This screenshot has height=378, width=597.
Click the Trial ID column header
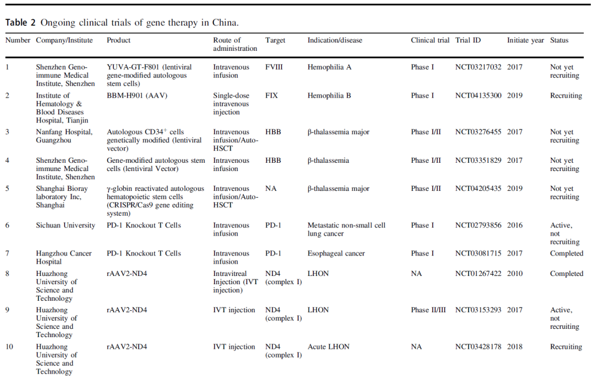click(x=468, y=40)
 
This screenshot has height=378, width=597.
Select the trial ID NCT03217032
click(x=478, y=67)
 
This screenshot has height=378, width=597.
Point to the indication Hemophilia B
click(x=329, y=95)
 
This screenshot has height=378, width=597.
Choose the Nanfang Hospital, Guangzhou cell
click(x=64, y=136)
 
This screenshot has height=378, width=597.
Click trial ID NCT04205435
click(x=478, y=189)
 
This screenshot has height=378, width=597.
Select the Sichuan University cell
click(x=65, y=225)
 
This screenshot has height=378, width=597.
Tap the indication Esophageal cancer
click(x=337, y=253)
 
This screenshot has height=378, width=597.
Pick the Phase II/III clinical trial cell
click(x=428, y=310)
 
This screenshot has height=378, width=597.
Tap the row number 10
click(x=9, y=347)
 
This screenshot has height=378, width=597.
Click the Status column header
click(x=559, y=40)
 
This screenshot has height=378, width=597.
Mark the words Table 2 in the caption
click(x=20, y=23)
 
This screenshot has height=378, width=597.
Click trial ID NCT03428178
click(x=478, y=347)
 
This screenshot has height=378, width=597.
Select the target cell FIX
click(x=271, y=95)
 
